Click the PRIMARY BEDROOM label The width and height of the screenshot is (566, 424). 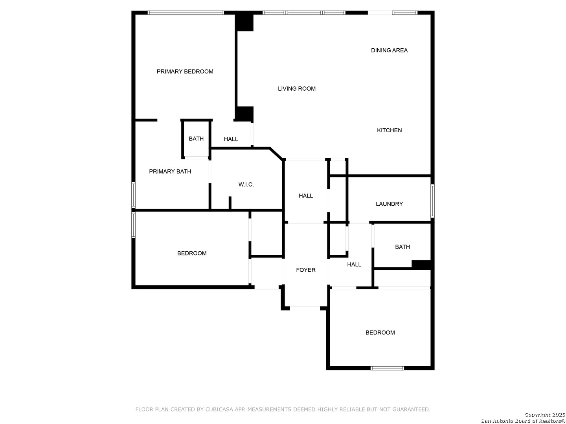tap(185, 71)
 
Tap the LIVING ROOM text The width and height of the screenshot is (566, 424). tap(296, 89)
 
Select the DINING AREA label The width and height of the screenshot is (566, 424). tap(389, 51)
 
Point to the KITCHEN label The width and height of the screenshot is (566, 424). tap(389, 130)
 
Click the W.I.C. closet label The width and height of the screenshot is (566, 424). tap(246, 185)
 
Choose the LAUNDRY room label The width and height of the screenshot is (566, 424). tap(389, 204)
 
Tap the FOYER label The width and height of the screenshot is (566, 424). tap(305, 270)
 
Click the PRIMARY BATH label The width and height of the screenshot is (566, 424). tap(170, 172)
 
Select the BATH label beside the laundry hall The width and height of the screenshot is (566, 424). tap(402, 247)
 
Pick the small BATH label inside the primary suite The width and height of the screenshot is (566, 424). tap(196, 139)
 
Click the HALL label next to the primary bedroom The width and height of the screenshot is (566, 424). tap(231, 139)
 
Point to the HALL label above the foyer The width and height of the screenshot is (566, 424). tap(305, 196)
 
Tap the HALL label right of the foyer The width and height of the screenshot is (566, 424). tap(354, 264)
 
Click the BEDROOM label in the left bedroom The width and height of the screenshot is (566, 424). tap(191, 253)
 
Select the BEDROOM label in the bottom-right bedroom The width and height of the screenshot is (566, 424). tap(380, 333)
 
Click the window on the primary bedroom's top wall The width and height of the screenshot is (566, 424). tap(186, 13)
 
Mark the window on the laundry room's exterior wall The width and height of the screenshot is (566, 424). tap(432, 201)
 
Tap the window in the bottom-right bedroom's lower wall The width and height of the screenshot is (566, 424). tap(387, 368)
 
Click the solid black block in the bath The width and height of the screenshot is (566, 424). tap(421, 265)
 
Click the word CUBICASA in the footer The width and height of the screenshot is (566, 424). tap(218, 409)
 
